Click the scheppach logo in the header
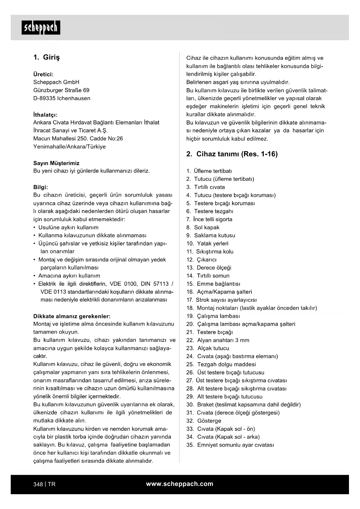[x=41, y=28]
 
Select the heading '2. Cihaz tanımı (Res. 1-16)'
[x=232, y=154]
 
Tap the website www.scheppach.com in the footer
[x=180, y=484]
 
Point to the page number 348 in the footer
[x=38, y=484]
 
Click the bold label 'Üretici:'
[x=43, y=74]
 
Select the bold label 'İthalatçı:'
[x=45, y=115]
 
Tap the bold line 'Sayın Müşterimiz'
[x=56, y=163]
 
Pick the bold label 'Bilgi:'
[x=41, y=187]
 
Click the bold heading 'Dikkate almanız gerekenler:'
[x=72, y=316]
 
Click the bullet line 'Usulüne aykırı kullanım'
[x=68, y=228]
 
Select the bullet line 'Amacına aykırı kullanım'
[x=69, y=276]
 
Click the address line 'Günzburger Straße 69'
[x=61, y=90]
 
